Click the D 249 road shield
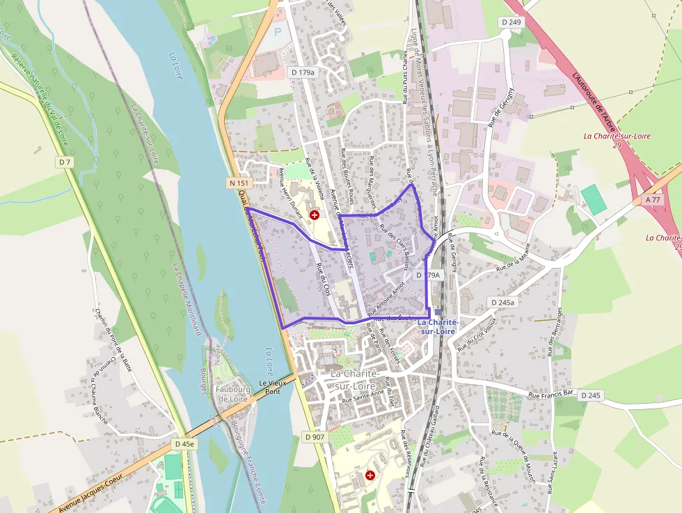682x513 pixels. pos(510,23)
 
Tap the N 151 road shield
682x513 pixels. pos(239,183)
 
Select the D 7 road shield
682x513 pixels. pos(65,162)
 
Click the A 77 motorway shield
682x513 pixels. pos(653,199)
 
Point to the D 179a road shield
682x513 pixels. pos(303,72)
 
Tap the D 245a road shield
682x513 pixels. pos(502,303)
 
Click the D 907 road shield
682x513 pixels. pos(314,437)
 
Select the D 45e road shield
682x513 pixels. pos(184,443)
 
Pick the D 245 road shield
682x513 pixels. pos(589,395)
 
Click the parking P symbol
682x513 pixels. pos(278,32)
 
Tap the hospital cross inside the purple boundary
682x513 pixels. pos(315,215)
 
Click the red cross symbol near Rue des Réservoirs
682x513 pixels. pos(370,475)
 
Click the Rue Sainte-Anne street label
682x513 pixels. pos(358,400)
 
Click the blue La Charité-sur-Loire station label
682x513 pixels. pos(437,327)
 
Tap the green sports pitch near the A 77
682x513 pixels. pos(594,200)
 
